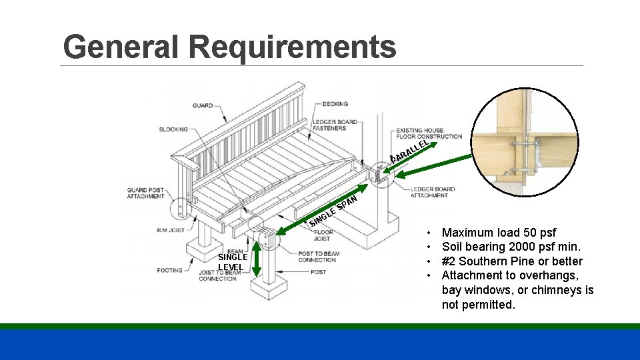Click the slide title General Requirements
229,47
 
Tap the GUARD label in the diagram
203,105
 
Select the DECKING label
335,104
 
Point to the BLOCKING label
173,129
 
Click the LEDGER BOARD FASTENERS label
335,125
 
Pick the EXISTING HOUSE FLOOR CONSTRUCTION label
429,133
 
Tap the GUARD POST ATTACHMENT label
145,193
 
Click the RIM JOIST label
171,231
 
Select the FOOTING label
170,271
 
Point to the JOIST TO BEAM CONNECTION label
217,275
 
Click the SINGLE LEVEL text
233,262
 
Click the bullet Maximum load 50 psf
499,233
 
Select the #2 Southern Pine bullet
511,261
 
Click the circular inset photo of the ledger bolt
525,142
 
